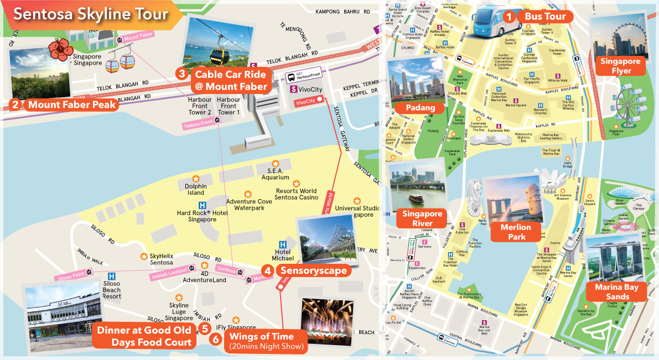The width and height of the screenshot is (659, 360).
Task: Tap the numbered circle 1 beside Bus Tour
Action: (x=508, y=17)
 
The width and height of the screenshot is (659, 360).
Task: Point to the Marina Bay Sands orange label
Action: (x=616, y=291)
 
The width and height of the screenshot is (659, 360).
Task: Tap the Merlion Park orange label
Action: (x=515, y=232)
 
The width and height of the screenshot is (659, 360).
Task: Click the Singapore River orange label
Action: (x=422, y=218)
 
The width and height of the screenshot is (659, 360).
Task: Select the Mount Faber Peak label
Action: (x=72, y=105)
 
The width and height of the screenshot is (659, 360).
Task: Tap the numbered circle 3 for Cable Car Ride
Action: (x=181, y=74)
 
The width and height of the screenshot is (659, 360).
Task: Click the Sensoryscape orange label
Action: (x=313, y=270)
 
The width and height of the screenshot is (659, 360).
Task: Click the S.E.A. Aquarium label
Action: (x=278, y=174)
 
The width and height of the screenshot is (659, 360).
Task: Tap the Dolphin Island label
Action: (x=195, y=189)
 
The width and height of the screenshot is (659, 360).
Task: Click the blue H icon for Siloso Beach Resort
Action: (x=112, y=275)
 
